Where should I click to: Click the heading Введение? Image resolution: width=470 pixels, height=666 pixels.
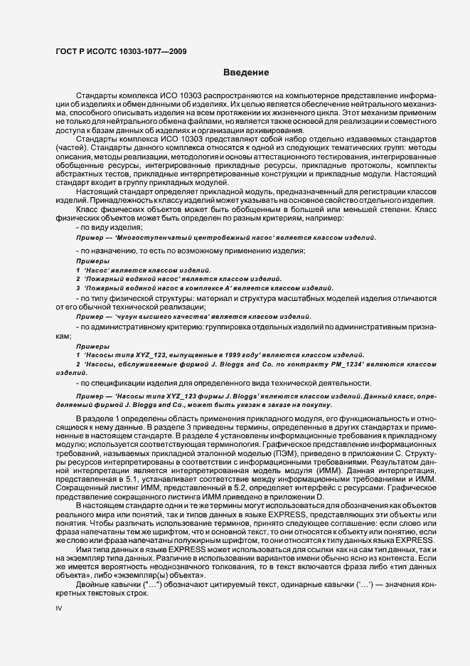point(246,73)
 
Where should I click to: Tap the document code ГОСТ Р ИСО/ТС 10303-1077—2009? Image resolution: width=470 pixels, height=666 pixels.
point(121,50)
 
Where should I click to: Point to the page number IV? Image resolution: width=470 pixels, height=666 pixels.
point(59,608)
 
